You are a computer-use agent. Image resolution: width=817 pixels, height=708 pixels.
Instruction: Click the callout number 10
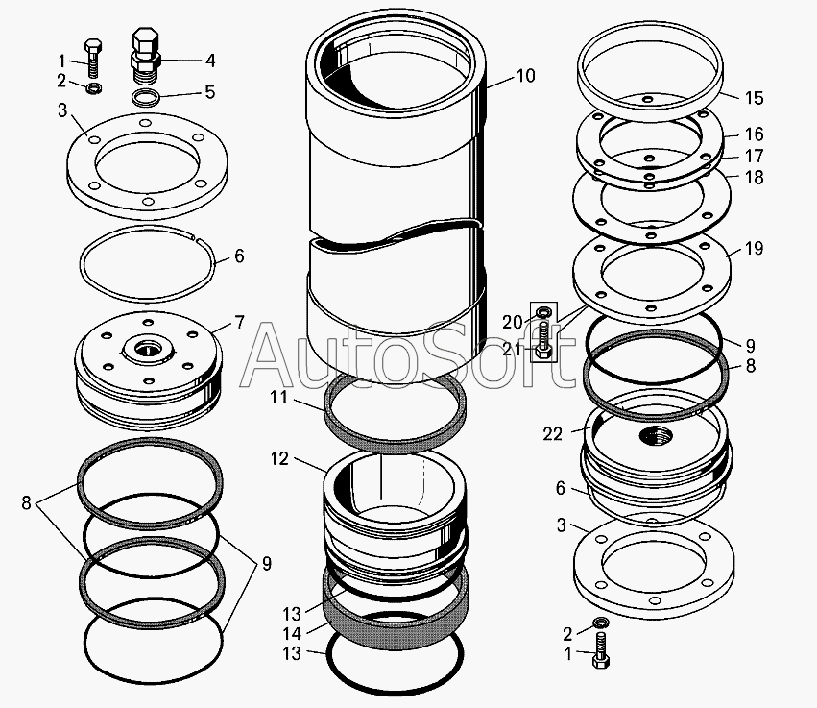(x=525, y=75)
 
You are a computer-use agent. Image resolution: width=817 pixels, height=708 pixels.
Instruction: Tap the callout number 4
(x=208, y=60)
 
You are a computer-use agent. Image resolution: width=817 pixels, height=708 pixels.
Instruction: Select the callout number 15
(x=754, y=98)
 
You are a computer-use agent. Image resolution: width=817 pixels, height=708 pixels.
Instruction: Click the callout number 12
(x=278, y=459)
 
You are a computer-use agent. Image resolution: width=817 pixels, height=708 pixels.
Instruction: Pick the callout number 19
(x=754, y=249)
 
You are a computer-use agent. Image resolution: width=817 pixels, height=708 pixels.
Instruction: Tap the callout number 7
(x=239, y=323)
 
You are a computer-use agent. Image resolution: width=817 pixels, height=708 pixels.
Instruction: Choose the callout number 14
(x=291, y=633)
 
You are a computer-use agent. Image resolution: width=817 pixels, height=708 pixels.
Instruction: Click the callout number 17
(x=754, y=156)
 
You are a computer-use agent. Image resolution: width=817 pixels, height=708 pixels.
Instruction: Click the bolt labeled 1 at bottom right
(x=601, y=659)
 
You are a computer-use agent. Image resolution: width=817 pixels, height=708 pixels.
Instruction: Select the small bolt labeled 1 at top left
(x=92, y=57)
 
